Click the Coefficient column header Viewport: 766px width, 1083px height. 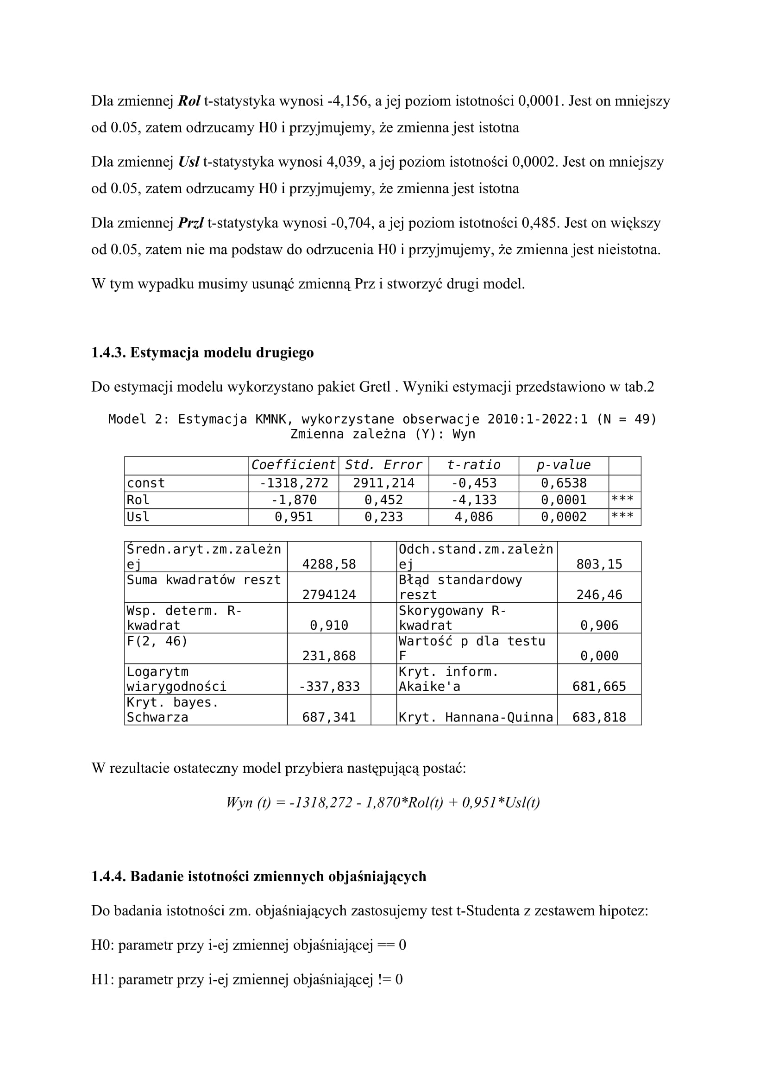tap(293, 465)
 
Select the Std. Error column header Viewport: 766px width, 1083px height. tap(383, 465)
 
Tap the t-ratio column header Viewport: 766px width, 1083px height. tap(474, 465)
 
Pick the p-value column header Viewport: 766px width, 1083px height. tap(564, 465)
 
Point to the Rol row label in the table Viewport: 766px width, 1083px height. tap(138, 500)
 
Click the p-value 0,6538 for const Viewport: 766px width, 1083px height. tap(564, 483)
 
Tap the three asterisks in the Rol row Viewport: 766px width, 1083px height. tap(622, 499)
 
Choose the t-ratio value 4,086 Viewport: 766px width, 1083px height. tap(474, 517)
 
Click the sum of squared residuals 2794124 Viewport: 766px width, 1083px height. tap(329, 595)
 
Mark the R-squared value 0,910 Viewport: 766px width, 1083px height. tap(329, 626)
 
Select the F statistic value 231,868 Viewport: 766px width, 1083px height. tap(329, 656)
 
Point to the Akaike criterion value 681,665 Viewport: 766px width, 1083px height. tap(599, 687)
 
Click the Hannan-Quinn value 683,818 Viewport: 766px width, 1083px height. tap(599, 717)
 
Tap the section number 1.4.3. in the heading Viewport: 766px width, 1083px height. tap(108, 353)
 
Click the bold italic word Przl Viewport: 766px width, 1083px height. tap(190, 223)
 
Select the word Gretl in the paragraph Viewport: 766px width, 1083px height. tap(375, 387)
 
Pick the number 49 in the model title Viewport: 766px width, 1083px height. tap(642, 419)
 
